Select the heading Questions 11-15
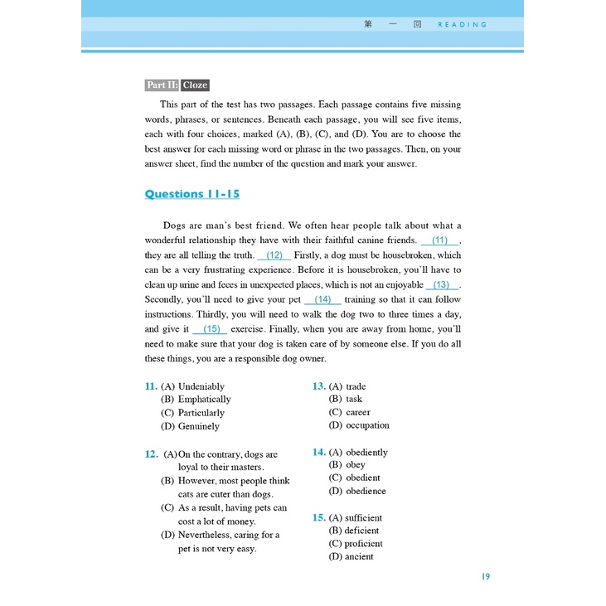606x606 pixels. coord(191,194)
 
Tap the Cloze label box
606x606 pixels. coord(195,85)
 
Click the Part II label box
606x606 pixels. coord(162,85)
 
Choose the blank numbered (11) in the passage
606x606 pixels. coord(439,240)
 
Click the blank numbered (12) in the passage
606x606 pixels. coord(274,255)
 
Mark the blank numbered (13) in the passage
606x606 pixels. coord(441,284)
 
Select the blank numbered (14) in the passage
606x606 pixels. coord(322,299)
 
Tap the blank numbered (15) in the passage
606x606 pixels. coord(210,329)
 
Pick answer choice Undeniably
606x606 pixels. coord(201,386)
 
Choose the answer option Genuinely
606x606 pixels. coord(199,426)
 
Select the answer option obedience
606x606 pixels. coord(366,491)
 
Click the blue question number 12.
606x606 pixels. coord(151,454)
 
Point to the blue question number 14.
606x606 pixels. coord(318,452)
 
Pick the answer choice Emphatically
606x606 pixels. coord(204,400)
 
